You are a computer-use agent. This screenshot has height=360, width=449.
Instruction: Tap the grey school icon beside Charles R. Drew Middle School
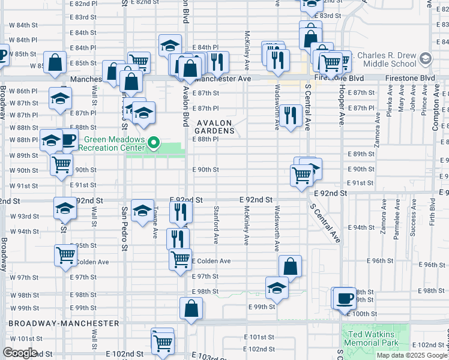click(x=426, y=59)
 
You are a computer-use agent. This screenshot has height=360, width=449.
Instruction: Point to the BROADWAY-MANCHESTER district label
click(x=64, y=323)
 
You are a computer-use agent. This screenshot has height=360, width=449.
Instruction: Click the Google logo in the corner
click(x=20, y=353)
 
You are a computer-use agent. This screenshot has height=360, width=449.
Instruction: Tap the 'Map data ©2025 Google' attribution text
click(x=412, y=355)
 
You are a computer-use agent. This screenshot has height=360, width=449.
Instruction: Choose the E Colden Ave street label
click(x=211, y=261)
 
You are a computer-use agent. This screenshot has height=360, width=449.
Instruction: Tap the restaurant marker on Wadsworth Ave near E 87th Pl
click(x=291, y=115)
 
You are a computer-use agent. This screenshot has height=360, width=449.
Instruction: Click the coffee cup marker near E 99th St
click(x=345, y=298)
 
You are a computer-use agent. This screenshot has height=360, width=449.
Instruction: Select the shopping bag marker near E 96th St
click(x=290, y=266)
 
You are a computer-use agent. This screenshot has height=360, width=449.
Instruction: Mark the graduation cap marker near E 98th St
click(x=277, y=287)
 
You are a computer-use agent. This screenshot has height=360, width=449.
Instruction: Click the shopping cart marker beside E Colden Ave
click(x=180, y=259)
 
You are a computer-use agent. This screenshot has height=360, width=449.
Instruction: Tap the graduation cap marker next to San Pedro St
click(x=142, y=211)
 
